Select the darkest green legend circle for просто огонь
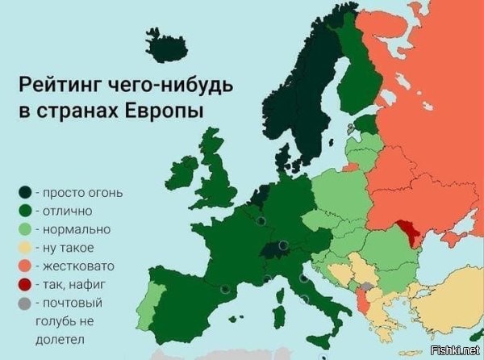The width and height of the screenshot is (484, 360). tap(27, 192)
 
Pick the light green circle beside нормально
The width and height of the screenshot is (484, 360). tap(27, 229)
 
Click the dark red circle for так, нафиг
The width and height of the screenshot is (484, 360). tap(27, 284)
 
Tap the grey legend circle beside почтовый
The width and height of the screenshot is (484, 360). tap(27, 303)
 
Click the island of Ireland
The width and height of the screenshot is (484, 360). tap(182, 171)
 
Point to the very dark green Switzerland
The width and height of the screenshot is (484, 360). tap(273, 247)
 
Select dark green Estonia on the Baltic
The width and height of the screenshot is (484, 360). tap(367, 123)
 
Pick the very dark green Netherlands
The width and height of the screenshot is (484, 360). tap(261, 195)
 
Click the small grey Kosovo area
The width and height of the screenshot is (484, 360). tap(367, 287)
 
